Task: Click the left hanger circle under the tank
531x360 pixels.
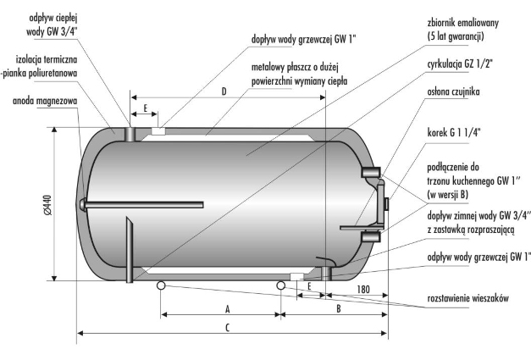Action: tap(160, 285)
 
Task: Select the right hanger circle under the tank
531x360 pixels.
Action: tap(280, 285)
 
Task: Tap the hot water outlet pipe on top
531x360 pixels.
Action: tap(130, 134)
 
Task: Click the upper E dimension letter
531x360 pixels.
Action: tap(146, 108)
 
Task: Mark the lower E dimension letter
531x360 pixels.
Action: tap(310, 287)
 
